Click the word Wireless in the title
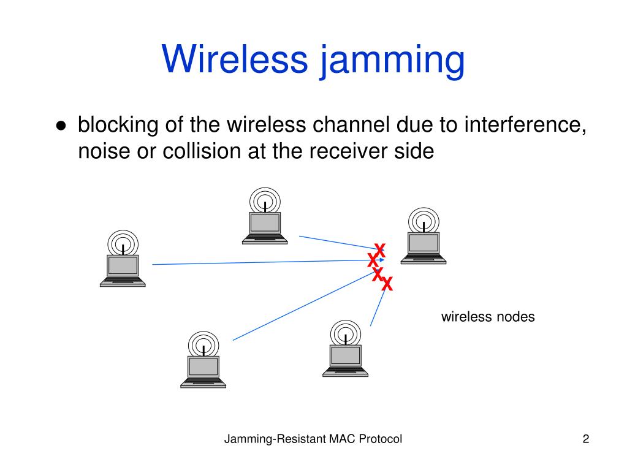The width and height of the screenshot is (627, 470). [x=235, y=60]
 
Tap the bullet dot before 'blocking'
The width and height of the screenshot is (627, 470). [x=61, y=126]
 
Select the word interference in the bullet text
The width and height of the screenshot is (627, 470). [x=522, y=125]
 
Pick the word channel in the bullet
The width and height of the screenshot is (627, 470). [x=352, y=125]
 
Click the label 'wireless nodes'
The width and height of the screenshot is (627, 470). [x=488, y=317]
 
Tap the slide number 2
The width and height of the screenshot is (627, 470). [x=585, y=439]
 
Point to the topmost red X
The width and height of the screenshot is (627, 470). [x=379, y=250]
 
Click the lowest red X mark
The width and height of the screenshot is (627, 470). [x=387, y=284]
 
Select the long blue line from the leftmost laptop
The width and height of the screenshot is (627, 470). [x=257, y=262]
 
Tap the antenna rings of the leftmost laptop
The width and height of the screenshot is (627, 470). [x=123, y=241]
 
